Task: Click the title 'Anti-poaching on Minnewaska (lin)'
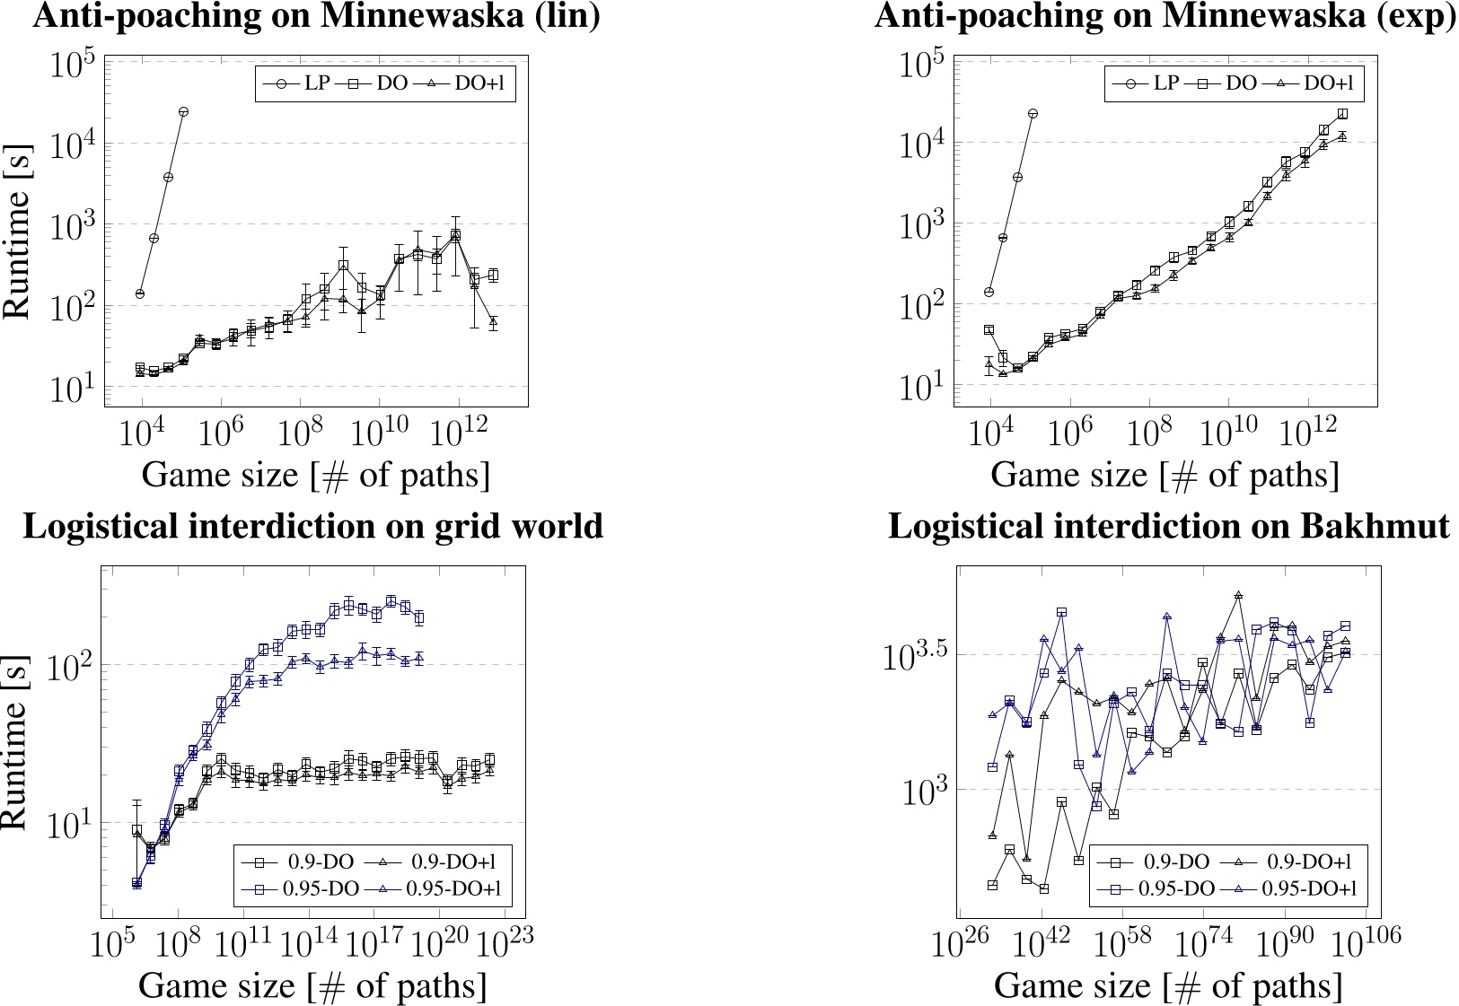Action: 316,16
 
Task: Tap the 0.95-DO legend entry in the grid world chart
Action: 302,888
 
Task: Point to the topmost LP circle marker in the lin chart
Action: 183,111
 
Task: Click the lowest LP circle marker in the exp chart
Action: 989,293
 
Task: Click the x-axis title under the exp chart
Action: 1165,474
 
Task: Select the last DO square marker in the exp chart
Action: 1342,114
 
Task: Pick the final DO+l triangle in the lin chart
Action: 493,321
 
